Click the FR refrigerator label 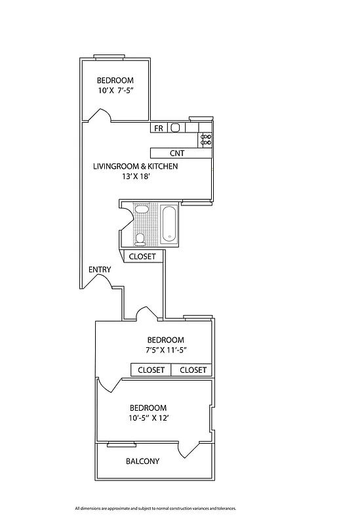(x=159, y=129)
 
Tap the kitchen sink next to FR (x=175, y=128)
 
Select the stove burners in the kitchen (x=206, y=138)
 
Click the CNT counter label (x=177, y=154)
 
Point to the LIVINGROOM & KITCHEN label (x=136, y=167)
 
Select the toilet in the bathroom (x=140, y=238)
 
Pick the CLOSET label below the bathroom (x=142, y=257)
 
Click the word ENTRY (x=100, y=270)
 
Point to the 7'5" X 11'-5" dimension (x=167, y=350)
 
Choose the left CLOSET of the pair (x=151, y=370)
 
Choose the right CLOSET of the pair (x=193, y=370)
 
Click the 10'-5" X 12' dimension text (x=148, y=418)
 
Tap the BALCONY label (x=142, y=461)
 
